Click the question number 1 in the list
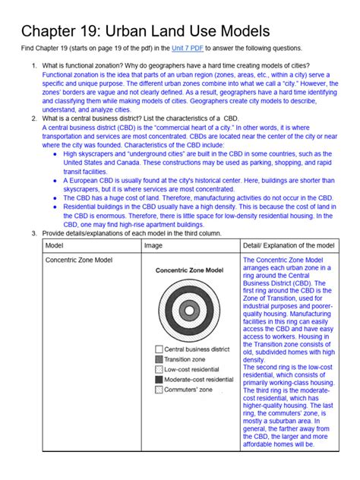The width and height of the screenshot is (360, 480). pyautogui.click(x=34, y=66)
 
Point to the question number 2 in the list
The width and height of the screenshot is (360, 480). pyautogui.click(x=34, y=119)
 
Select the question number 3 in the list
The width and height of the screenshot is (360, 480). pyautogui.click(x=34, y=232)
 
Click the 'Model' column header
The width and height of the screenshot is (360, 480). pyautogui.click(x=55, y=246)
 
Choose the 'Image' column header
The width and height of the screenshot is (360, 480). pyautogui.click(x=153, y=246)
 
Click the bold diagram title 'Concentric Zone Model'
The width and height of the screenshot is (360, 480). pyautogui.click(x=190, y=270)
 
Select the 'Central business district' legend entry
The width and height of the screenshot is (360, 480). pyautogui.click(x=197, y=349)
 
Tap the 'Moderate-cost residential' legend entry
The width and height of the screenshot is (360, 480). pyautogui.click(x=199, y=379)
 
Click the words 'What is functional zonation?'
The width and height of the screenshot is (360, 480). pyautogui.click(x=84, y=66)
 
